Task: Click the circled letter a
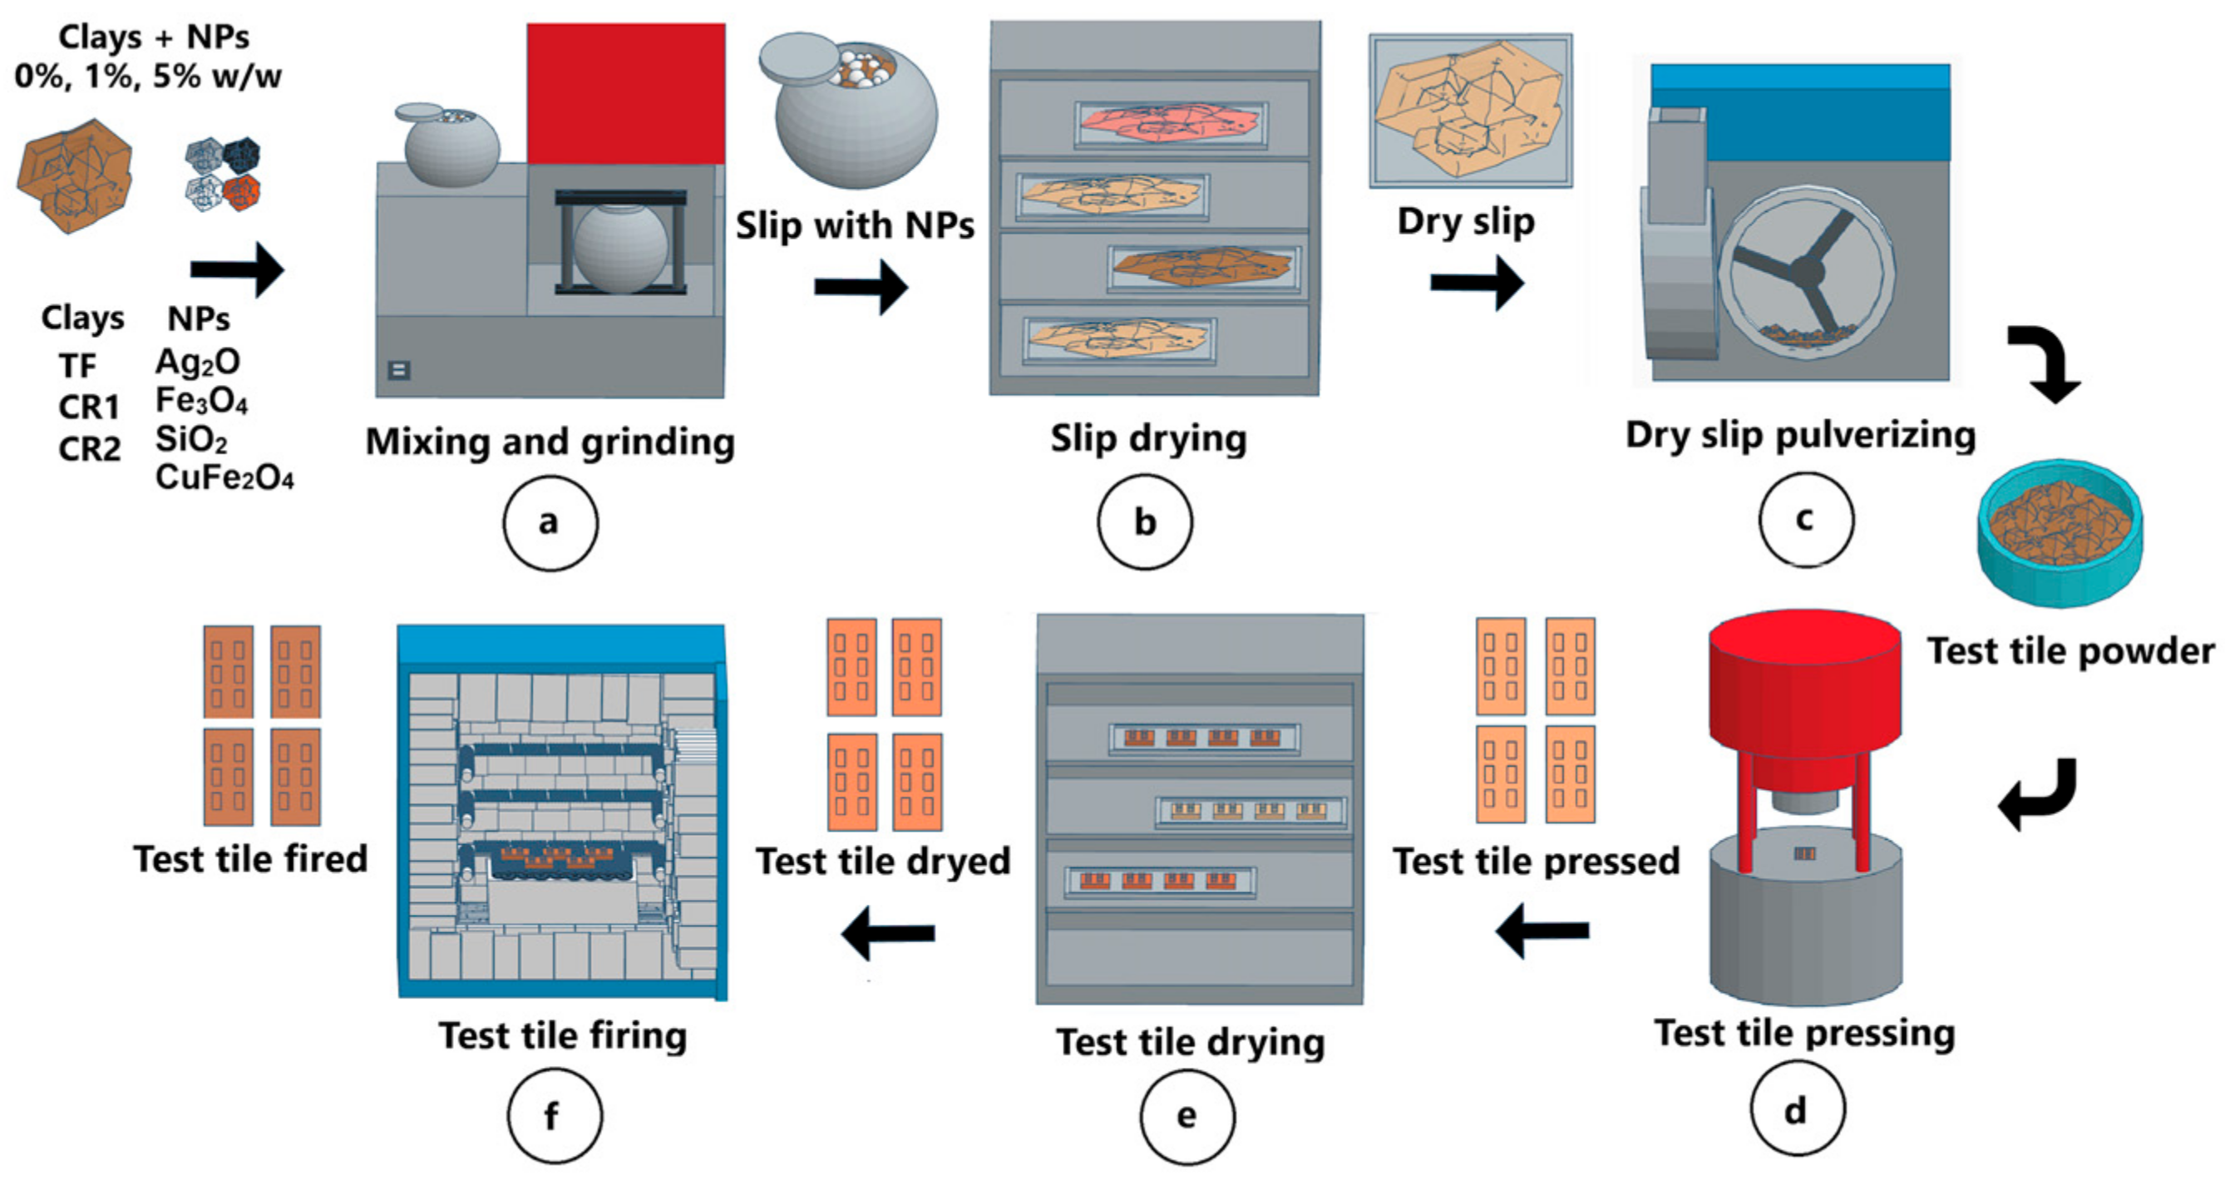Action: [550, 522]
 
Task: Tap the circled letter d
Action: [1798, 1110]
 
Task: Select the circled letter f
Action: [554, 1116]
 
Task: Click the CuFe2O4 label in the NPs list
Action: [224, 477]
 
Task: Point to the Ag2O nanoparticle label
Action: [197, 362]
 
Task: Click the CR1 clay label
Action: [88, 407]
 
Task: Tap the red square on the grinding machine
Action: [625, 93]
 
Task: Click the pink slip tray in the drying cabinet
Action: [1171, 125]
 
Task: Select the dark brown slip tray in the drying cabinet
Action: [1203, 267]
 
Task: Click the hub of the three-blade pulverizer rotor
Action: [1807, 272]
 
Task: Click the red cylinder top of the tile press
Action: [1804, 683]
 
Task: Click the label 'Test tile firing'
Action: [562, 1034]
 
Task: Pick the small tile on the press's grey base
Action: [1804, 853]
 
